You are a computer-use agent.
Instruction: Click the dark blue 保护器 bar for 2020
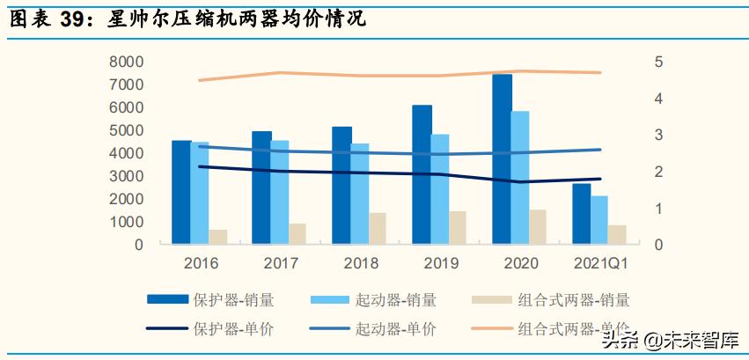(502, 159)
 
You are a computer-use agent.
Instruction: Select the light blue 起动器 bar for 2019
(440, 189)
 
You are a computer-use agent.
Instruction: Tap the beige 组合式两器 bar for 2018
(377, 228)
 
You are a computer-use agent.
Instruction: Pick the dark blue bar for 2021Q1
(582, 214)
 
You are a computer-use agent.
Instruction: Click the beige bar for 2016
(217, 237)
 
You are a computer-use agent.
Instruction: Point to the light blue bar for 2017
(280, 192)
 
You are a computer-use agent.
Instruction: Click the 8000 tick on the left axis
(127, 62)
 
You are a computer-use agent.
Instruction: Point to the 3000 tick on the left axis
(127, 176)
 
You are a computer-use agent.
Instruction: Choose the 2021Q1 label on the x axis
(600, 263)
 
